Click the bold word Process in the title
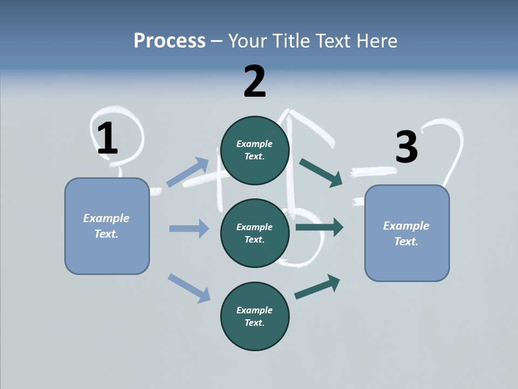tap(169, 41)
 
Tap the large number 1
tap(107, 138)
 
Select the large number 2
tap(255, 82)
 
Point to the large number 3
tap(406, 147)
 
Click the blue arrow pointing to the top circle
tap(188, 172)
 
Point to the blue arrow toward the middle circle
tap(189, 229)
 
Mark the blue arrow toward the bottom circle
tap(189, 287)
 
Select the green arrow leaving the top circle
tap(321, 172)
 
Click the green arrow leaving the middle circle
tap(319, 227)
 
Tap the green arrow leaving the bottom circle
tap(318, 286)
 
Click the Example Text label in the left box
tap(106, 226)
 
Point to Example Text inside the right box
tap(406, 233)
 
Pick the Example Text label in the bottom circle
tap(255, 317)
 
